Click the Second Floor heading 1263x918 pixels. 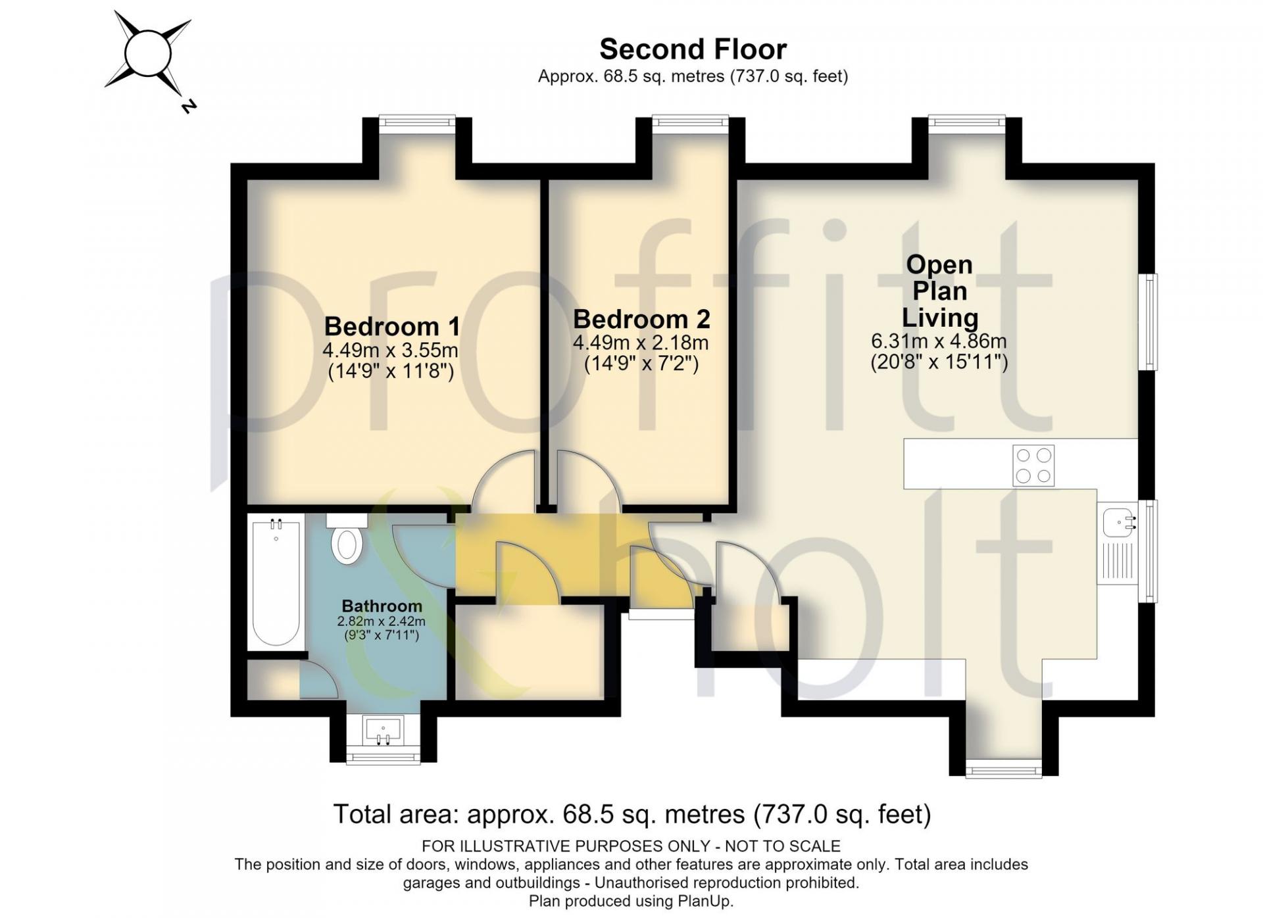pyautogui.click(x=693, y=49)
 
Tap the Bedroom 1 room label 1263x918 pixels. pyautogui.click(x=392, y=326)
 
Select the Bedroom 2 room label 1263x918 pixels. pyautogui.click(x=641, y=319)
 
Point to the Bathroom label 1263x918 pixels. pyautogui.click(x=382, y=606)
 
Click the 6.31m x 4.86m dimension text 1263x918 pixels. pyautogui.click(x=939, y=341)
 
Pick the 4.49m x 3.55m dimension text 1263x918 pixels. pyautogui.click(x=390, y=350)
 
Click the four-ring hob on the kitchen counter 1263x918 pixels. pyautogui.click(x=1033, y=466)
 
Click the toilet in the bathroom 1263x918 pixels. pyautogui.click(x=347, y=539)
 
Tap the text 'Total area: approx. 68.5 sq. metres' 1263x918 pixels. pyautogui.click(x=539, y=815)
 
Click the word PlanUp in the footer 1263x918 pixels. pyautogui.click(x=705, y=901)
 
